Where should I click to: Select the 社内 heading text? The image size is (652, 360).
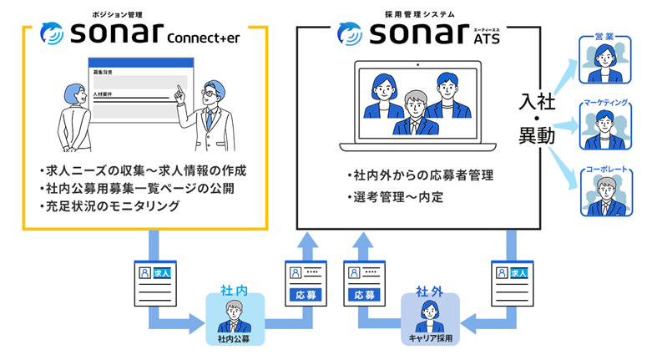235,290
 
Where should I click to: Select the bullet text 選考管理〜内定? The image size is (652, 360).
398,198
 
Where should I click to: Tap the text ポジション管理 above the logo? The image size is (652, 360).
115,14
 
